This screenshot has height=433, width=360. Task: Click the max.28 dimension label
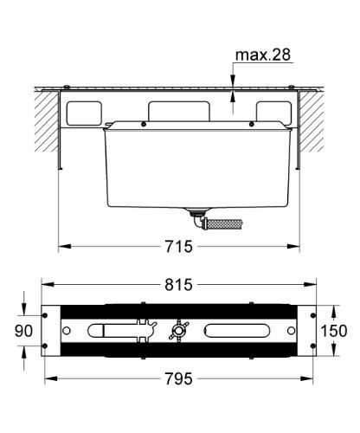pyautogui.click(x=262, y=55)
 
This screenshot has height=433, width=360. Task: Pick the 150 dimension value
pyautogui.click(x=337, y=330)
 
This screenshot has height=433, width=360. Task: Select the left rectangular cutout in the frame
pyautogui.click(x=84, y=112)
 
